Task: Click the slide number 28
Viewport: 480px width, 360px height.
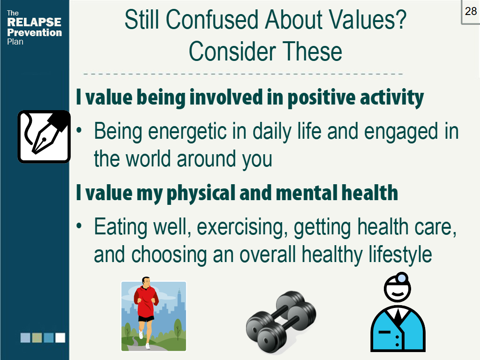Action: pyautogui.click(x=471, y=11)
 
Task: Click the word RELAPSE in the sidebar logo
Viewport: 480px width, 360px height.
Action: pyautogui.click(x=34, y=22)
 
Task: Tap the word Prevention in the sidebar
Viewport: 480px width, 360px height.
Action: pyautogui.click(x=34, y=32)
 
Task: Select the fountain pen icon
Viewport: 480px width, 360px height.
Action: pyautogui.click(x=44, y=136)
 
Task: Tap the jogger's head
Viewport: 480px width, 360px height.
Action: pyautogui.click(x=146, y=282)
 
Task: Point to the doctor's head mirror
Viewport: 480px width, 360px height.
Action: pyautogui.click(x=401, y=278)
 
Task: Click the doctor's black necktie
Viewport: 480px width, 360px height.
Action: pyautogui.click(x=397, y=316)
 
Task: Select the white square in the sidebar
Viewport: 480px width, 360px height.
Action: pyautogui.click(x=60, y=337)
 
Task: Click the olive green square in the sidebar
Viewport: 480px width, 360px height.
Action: pyautogui.click(x=37, y=337)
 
